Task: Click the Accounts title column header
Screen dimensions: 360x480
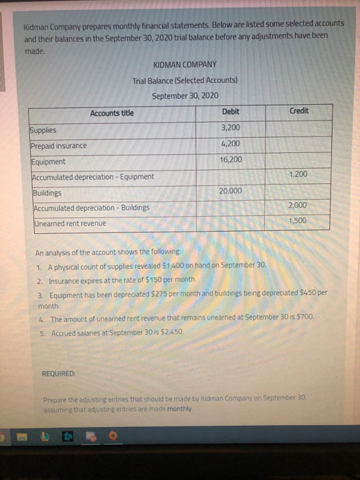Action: pos(112,113)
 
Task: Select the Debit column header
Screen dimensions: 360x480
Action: pos(230,112)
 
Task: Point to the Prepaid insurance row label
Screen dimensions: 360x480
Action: pos(58,146)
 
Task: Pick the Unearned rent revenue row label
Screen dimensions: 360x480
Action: pos(69,224)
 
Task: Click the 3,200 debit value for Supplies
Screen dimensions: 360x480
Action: pos(230,128)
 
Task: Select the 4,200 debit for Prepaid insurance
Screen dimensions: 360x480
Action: pos(230,143)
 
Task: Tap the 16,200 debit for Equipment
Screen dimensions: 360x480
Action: pos(230,159)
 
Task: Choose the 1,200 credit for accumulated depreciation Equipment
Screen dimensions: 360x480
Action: pos(299,174)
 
